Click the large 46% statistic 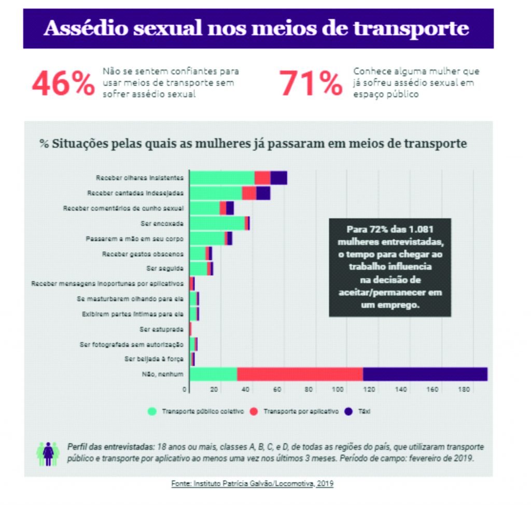coord(63,84)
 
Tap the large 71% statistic coord(311,84)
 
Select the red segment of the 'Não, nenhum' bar coord(300,374)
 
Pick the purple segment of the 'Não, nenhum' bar coord(425,374)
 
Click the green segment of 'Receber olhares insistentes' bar coord(222,178)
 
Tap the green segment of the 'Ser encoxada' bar coord(217,223)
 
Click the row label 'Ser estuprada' coord(162,329)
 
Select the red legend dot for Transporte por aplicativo coord(254,411)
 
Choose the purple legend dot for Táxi coord(348,411)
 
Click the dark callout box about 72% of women coord(390,267)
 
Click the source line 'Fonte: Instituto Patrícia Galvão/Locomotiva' coord(252,483)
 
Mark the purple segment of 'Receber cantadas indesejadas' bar coord(263,193)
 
